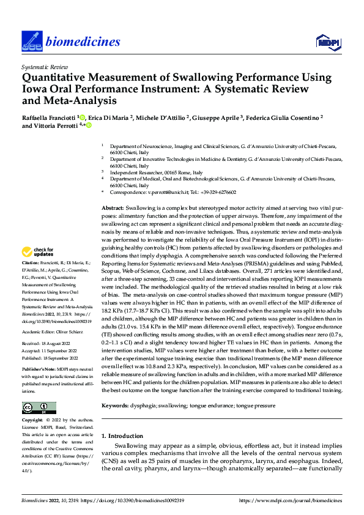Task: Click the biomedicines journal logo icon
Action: click(x=31, y=41)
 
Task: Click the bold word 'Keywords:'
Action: click(x=116, y=406)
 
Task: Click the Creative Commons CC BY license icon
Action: click(x=39, y=408)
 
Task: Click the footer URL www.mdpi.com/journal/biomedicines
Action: click(x=290, y=502)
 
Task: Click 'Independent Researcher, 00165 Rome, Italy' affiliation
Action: click(x=160, y=173)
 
